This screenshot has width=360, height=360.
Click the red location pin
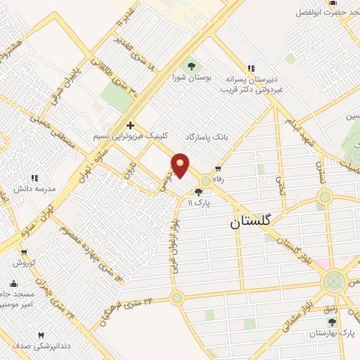(181, 165)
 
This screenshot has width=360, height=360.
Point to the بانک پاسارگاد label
(208, 134)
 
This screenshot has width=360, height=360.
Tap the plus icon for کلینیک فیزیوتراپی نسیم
(130, 124)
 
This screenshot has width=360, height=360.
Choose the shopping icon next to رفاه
(218, 168)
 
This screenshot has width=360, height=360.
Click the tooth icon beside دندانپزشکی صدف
(40, 335)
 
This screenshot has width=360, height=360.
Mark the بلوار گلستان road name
(300, 252)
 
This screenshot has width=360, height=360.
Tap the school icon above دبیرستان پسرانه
(250, 68)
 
